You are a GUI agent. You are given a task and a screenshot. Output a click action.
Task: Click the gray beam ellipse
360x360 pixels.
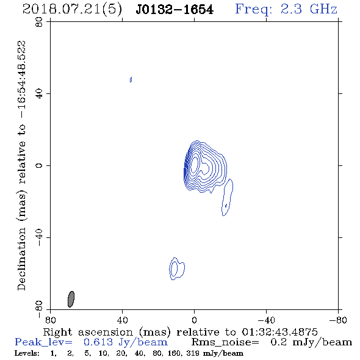coord(71,299)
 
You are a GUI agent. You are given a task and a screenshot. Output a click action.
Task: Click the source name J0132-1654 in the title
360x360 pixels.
coord(175,10)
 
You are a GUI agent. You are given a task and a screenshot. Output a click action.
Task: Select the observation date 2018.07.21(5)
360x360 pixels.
coord(72,10)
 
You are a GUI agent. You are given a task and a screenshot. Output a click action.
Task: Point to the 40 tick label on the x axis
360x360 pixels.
coord(122,320)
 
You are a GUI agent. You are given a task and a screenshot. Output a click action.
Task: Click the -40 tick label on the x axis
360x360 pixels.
coord(266,320)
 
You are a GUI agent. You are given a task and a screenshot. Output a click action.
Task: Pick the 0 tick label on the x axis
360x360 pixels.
coord(194,320)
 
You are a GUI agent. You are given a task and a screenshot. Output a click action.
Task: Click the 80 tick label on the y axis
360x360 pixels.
coord(40,22)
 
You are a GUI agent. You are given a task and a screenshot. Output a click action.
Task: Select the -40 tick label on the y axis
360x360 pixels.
coord(40,237)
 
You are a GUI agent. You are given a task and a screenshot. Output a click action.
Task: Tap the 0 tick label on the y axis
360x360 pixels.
coord(40,165)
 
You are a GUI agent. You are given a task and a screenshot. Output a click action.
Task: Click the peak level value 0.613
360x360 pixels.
coord(98,342)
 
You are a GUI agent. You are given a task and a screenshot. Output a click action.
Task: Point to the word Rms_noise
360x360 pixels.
coord(225,342)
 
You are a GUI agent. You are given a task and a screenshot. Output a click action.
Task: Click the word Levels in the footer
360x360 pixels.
coord(27,353)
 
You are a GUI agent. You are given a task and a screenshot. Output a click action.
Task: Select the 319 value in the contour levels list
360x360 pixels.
coord(192,353)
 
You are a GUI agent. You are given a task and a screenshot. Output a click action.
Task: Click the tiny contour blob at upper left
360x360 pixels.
coord(131,80)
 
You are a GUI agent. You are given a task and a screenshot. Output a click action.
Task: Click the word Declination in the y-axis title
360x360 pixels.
coord(21,259)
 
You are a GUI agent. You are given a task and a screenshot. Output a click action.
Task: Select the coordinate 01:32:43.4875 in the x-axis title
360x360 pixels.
coord(279,332)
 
